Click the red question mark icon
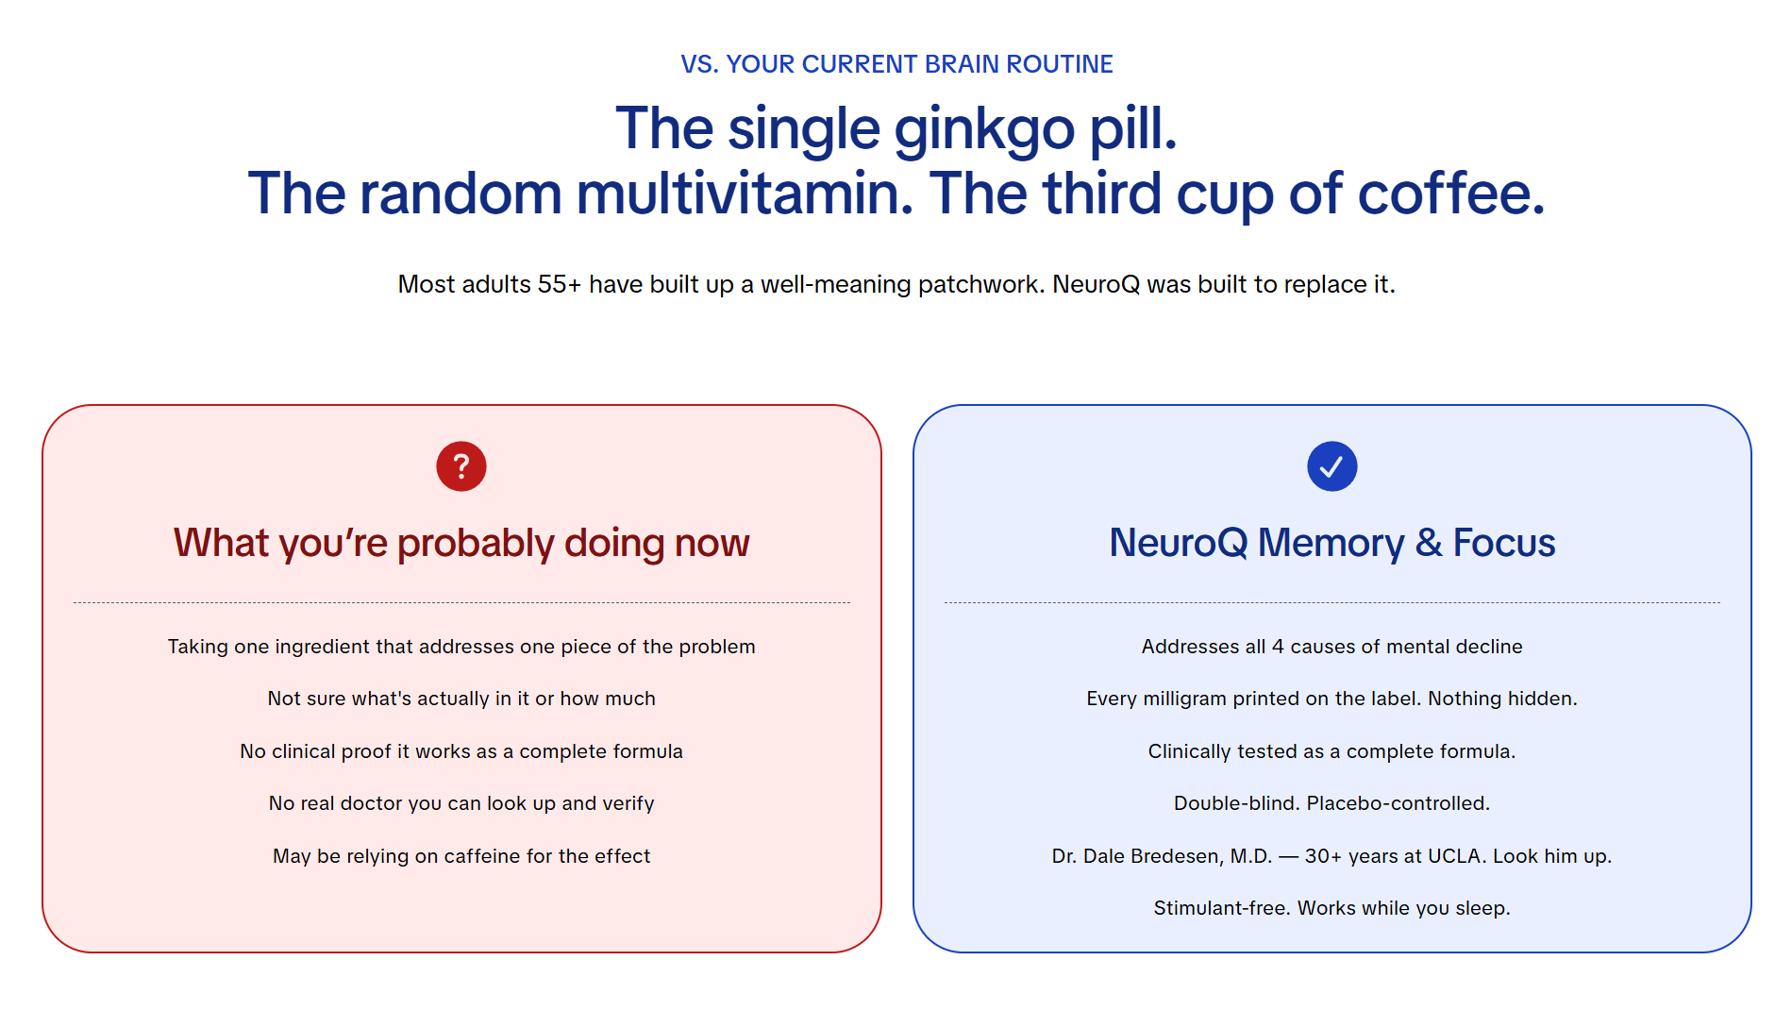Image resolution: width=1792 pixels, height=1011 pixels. [461, 466]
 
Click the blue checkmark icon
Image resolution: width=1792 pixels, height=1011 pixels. [1331, 466]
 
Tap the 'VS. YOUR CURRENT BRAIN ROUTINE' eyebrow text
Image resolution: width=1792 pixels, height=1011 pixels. [896, 64]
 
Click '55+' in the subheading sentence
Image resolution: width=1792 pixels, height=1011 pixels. [560, 284]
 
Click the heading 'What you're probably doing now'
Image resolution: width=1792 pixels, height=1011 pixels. [461, 543]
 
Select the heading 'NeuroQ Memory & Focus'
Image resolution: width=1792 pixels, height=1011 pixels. [1331, 543]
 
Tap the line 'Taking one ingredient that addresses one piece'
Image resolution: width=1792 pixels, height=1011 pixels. [461, 647]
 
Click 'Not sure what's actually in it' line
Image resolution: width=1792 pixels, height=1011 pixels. [461, 699]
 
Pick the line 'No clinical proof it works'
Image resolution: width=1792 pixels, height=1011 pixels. [461, 751]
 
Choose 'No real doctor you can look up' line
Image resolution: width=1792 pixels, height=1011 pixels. [461, 803]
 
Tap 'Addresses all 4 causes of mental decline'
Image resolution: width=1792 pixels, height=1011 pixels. [1331, 647]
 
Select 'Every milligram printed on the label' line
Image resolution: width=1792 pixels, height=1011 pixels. [1331, 699]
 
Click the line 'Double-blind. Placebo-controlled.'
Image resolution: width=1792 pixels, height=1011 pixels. [1331, 803]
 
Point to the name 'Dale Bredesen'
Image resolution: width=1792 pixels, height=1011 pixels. [1177, 856]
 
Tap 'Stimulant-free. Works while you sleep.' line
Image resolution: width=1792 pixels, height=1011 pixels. [1331, 908]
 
